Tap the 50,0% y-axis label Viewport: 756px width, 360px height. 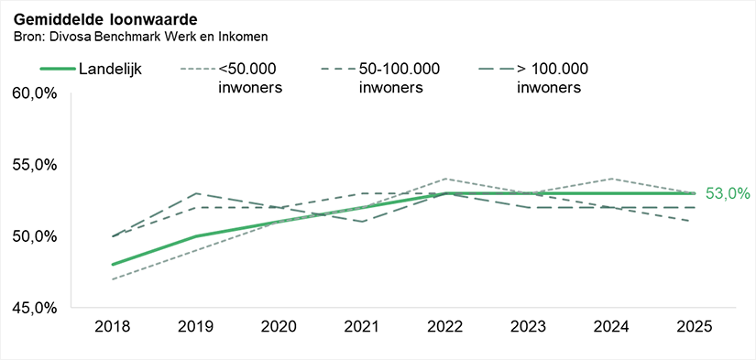[34, 236]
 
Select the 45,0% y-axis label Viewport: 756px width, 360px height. [34, 308]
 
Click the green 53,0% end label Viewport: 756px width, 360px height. [728, 193]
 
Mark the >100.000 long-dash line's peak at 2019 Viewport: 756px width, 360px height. [196, 193]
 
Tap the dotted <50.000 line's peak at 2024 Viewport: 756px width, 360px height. [611, 179]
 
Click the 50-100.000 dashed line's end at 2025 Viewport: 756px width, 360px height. [694, 222]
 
